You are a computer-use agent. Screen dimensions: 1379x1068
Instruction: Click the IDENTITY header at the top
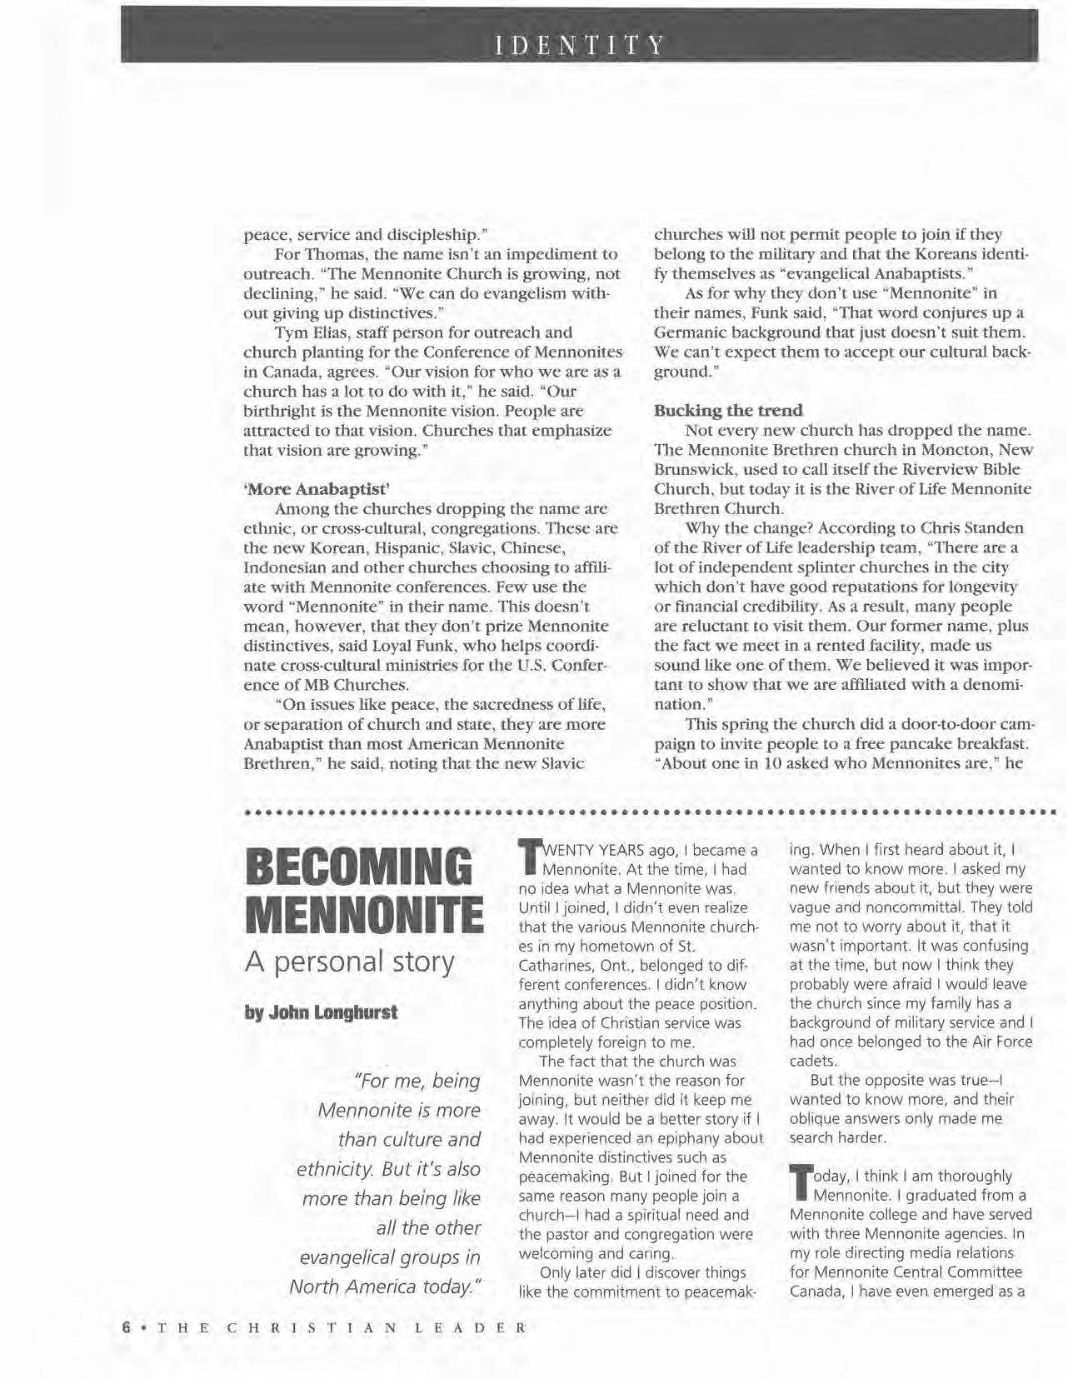pos(580,44)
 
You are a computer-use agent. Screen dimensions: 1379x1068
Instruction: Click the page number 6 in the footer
pos(127,1327)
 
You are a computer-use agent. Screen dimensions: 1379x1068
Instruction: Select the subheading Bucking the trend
pos(728,411)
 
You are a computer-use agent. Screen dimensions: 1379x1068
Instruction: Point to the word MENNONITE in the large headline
pos(364,914)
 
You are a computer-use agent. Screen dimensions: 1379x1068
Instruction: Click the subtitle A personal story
pos(350,962)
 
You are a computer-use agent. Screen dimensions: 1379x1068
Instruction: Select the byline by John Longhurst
pos(321,1012)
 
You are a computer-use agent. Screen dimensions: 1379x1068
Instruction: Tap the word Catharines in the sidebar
pos(554,966)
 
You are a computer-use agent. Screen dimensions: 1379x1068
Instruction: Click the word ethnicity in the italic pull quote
pos(332,1169)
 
